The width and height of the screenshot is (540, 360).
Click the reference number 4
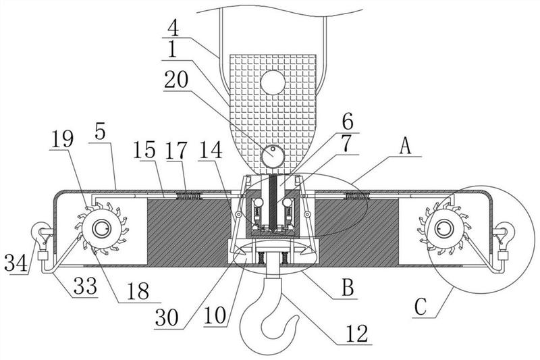(x=173, y=28)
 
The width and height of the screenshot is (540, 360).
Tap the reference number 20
(x=176, y=80)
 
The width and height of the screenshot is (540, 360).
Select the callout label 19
(x=62, y=140)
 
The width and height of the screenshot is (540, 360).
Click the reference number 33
(x=86, y=286)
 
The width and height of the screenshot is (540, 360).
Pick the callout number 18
(x=138, y=292)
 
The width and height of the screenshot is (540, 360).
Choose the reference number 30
(x=167, y=317)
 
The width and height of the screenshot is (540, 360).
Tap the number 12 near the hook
(x=357, y=334)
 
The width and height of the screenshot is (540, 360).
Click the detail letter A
(x=406, y=146)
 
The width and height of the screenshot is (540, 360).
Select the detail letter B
(x=348, y=287)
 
